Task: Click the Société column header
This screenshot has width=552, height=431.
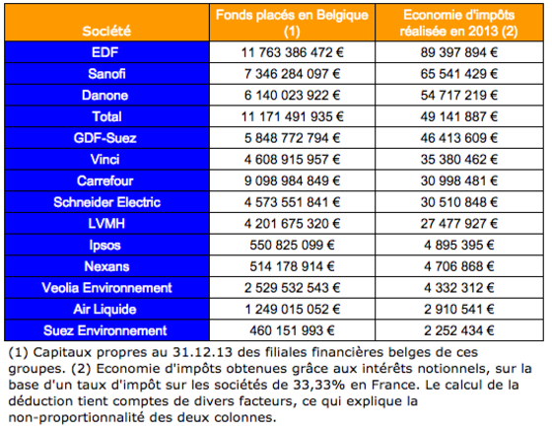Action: (106, 31)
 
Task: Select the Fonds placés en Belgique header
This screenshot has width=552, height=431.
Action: (292, 23)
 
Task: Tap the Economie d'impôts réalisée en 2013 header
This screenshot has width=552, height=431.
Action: (458, 23)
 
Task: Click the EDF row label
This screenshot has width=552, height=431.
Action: (104, 52)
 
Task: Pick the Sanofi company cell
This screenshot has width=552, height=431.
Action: (106, 74)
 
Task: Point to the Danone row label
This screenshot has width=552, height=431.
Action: (104, 96)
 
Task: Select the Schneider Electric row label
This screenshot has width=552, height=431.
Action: (106, 202)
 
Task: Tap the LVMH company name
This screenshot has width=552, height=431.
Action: (106, 224)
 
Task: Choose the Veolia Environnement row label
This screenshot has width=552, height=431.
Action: (106, 288)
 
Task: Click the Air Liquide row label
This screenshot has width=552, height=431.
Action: (104, 309)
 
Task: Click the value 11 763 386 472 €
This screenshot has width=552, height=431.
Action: (292, 52)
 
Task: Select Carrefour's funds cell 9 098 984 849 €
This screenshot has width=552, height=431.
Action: (292, 181)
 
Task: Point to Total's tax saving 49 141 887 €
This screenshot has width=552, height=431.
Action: (459, 116)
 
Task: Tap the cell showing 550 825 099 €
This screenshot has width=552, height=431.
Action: (292, 245)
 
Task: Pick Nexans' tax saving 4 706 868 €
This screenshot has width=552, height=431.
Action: (459, 266)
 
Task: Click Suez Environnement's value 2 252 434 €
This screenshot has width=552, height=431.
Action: (459, 330)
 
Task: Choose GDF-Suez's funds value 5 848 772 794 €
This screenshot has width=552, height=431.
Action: (292, 138)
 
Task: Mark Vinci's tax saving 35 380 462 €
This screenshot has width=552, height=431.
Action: (459, 160)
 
